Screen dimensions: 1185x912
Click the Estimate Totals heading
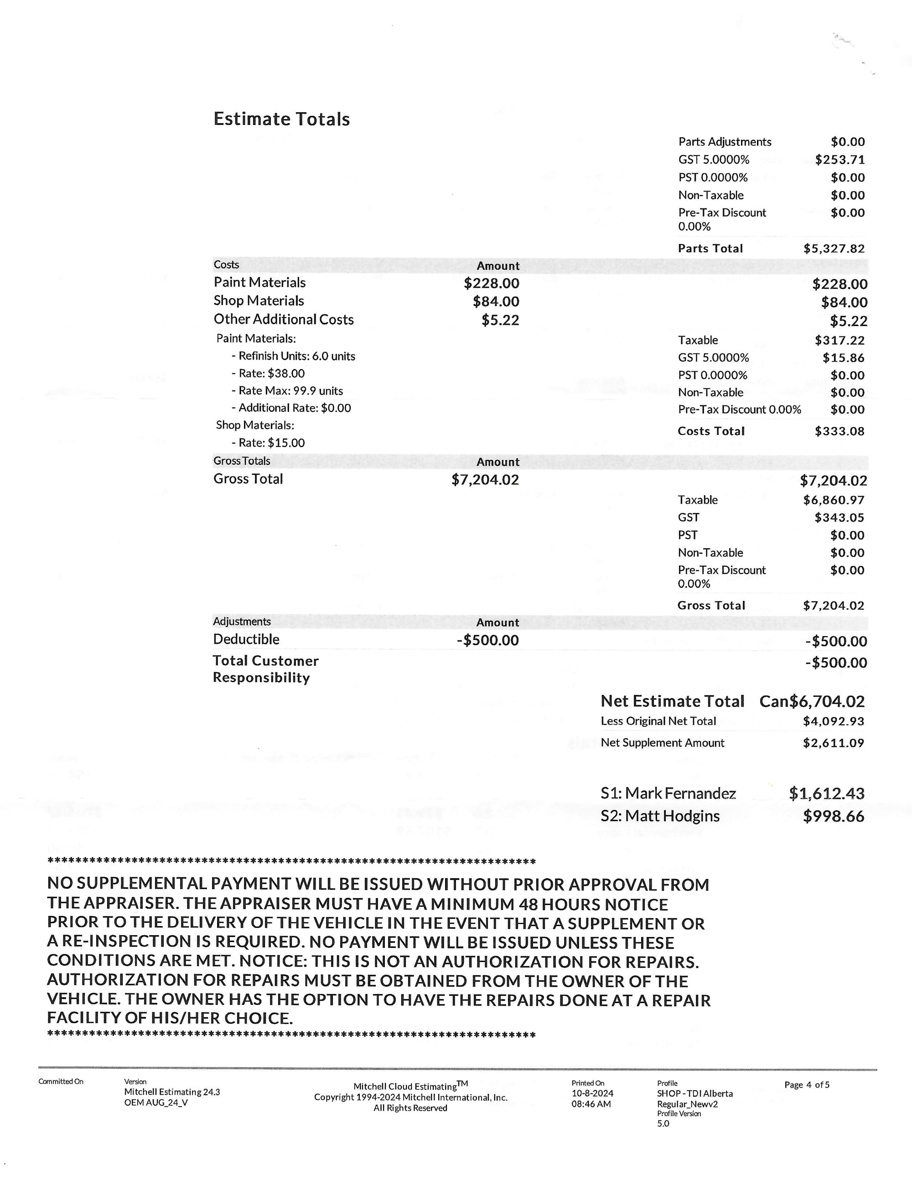(281, 119)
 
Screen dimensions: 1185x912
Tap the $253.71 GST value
(839, 160)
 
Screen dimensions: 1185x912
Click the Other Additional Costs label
(283, 320)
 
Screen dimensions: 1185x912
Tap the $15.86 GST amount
(843, 358)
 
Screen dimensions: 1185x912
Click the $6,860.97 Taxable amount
(833, 500)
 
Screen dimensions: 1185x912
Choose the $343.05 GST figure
(839, 517)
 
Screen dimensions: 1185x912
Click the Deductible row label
(246, 639)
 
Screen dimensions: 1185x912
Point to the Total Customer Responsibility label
(265, 669)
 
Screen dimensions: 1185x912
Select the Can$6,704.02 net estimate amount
(812, 702)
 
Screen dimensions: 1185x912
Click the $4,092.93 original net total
(833, 722)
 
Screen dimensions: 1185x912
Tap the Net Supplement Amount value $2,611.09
(833, 743)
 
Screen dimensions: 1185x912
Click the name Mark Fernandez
(680, 794)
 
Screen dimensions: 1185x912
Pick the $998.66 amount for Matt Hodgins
(833, 817)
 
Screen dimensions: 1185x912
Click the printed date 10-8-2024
(592, 1093)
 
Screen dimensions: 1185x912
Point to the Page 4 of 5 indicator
(806, 1085)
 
